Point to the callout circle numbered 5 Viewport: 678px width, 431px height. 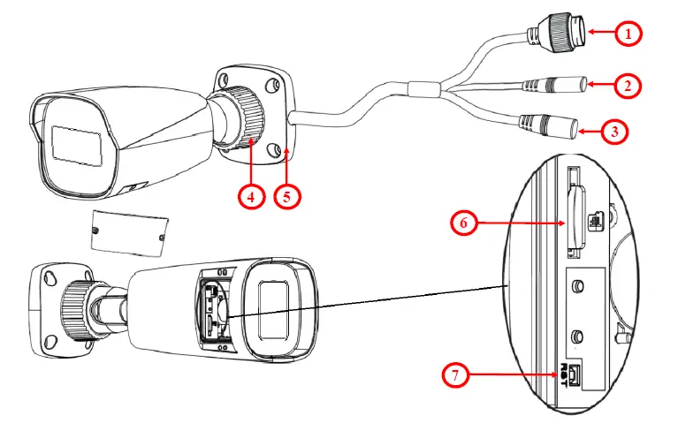point(286,196)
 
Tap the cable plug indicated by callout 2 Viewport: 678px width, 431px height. point(565,86)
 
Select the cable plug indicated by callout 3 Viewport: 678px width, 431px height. point(556,127)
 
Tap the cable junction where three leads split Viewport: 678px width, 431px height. point(423,89)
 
